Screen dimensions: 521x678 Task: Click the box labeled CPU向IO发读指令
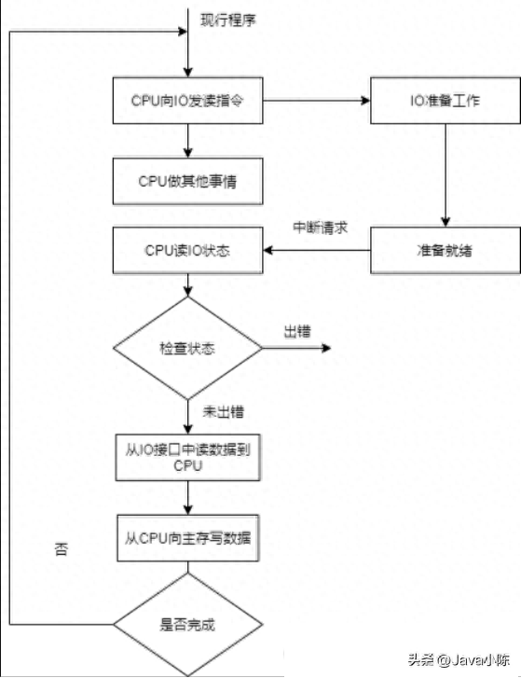188,101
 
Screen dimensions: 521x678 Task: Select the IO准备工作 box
446,101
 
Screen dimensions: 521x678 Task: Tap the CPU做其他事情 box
188,181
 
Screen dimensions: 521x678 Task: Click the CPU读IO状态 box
188,250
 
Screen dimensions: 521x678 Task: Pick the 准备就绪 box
446,250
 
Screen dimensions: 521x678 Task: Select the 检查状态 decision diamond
188,348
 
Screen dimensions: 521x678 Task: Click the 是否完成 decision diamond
188,625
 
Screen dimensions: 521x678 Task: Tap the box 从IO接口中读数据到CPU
188,458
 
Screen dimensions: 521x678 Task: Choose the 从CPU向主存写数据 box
188,538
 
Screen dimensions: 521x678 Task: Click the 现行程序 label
228,20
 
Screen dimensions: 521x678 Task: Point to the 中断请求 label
320,228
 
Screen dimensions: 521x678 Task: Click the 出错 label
297,332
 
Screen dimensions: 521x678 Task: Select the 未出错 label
224,411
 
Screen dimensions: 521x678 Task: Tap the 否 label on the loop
61,549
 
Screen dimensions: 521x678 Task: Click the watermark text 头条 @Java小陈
459,659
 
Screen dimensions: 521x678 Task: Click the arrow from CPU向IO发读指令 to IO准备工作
317,101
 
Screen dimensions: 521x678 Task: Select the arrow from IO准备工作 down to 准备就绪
446,175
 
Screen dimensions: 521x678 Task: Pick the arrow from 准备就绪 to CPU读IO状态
317,250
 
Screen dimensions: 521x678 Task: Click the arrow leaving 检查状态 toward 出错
296,348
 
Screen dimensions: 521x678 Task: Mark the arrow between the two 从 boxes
188,498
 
